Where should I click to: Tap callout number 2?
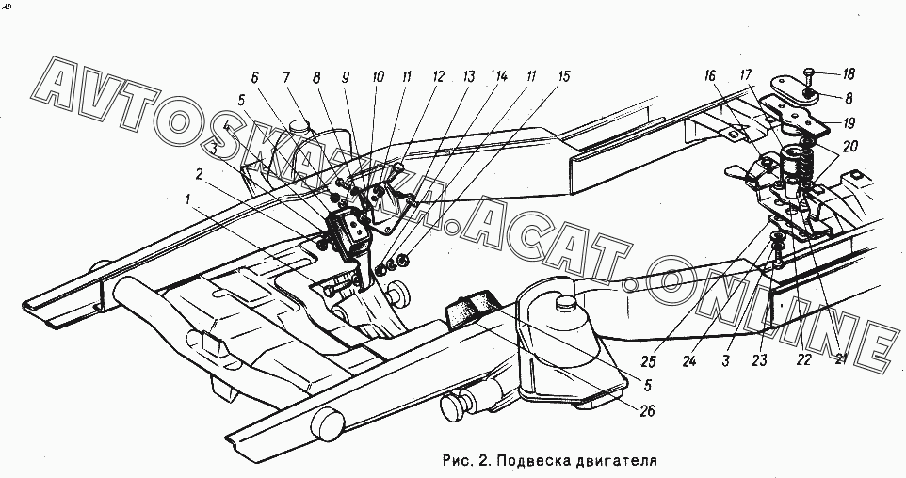(x=199, y=173)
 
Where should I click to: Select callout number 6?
(x=254, y=77)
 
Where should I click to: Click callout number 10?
(x=378, y=77)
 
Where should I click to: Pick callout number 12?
(x=438, y=77)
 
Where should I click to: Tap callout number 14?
(x=501, y=77)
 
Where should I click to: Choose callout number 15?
(x=563, y=77)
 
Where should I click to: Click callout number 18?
(x=849, y=73)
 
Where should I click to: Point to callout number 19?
(x=849, y=121)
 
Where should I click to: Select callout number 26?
(x=647, y=410)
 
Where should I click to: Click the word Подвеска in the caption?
(x=526, y=461)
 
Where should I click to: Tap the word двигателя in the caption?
(x=611, y=461)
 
